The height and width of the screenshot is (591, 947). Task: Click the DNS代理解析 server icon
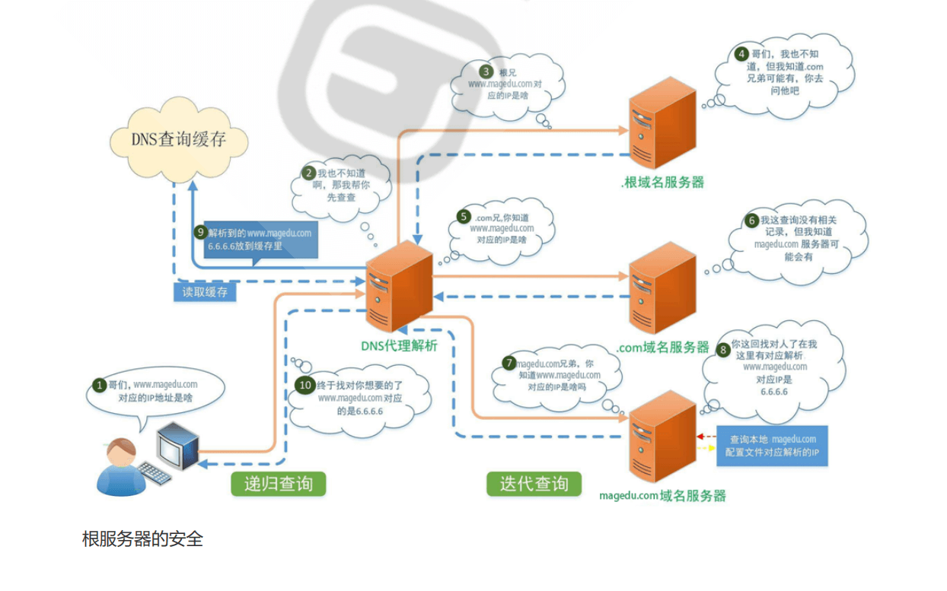coord(398,288)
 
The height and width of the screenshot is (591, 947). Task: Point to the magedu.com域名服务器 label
coord(662,496)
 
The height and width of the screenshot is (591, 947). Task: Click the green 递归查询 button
coord(278,484)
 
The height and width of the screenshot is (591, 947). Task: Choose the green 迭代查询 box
coord(534,484)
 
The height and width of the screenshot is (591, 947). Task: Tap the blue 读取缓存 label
coord(205,292)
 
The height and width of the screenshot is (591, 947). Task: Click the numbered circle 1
coord(98,385)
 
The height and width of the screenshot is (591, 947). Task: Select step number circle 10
coord(305,385)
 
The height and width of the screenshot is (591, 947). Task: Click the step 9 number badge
coord(201,233)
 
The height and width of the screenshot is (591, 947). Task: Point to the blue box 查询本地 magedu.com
coord(773,446)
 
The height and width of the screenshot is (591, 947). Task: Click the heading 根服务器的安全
coord(142,539)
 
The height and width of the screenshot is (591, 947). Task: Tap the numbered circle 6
coord(751,220)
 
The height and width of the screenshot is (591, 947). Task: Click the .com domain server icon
coord(662,288)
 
